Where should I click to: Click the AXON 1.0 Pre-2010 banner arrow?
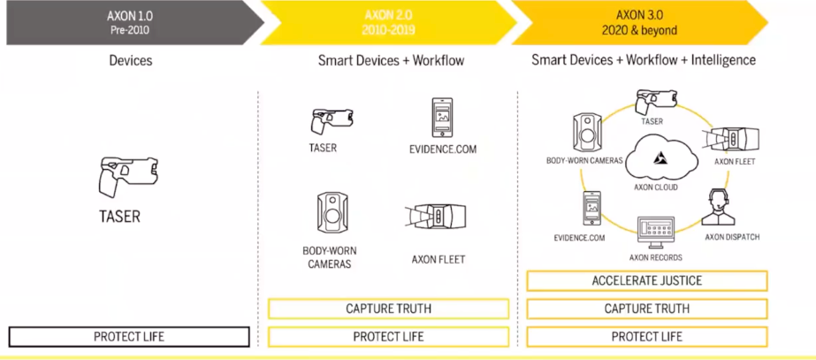(x=134, y=22)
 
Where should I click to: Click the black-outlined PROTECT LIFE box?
(x=129, y=336)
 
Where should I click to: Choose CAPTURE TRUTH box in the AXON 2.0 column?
(x=388, y=309)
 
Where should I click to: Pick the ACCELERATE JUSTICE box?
(x=647, y=280)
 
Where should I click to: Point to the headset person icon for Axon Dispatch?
(x=719, y=207)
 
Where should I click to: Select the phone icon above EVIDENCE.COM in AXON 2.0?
(x=442, y=119)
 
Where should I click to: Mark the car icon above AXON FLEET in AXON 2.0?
(x=436, y=217)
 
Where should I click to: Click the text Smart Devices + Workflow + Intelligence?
(x=644, y=60)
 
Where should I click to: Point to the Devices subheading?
(x=131, y=60)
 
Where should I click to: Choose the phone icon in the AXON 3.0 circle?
(x=591, y=209)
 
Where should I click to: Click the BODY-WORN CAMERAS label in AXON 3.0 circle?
(x=584, y=160)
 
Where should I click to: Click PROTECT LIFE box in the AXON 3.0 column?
(x=647, y=336)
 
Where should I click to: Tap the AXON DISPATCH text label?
(x=732, y=237)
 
